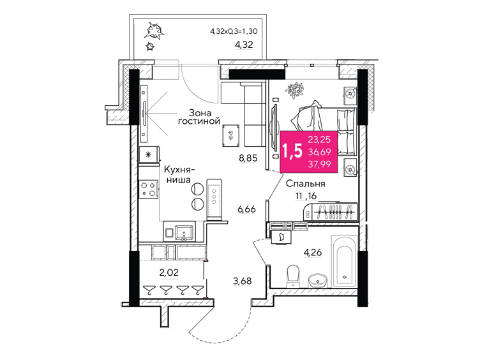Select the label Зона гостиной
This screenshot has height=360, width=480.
199,115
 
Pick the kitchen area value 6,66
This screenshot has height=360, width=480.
247,209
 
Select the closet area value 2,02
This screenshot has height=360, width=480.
169,273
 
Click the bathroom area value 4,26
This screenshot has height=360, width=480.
313,253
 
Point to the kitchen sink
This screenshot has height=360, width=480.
183,233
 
